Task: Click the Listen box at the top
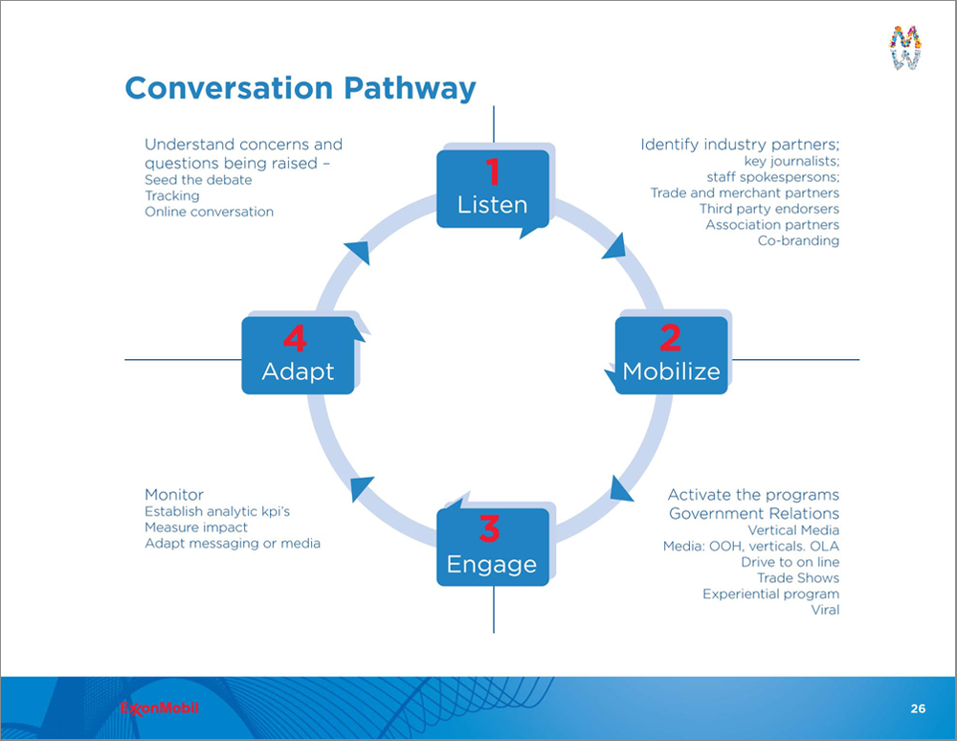[493, 190]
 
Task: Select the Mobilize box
[672, 355]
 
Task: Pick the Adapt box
[298, 355]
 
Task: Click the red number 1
[493, 171]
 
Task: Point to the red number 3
[489, 528]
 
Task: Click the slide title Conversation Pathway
[300, 88]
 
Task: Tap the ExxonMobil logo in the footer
[159, 708]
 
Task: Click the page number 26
[918, 708]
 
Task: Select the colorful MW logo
[905, 47]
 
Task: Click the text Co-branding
[798, 240]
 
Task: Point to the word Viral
[825, 610]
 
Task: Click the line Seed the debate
[198, 180]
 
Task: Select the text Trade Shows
[798, 578]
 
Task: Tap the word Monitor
[174, 494]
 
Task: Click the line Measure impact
[196, 528]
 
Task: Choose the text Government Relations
[754, 513]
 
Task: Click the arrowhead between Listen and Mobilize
[615, 245]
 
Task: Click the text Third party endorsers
[769, 209]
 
